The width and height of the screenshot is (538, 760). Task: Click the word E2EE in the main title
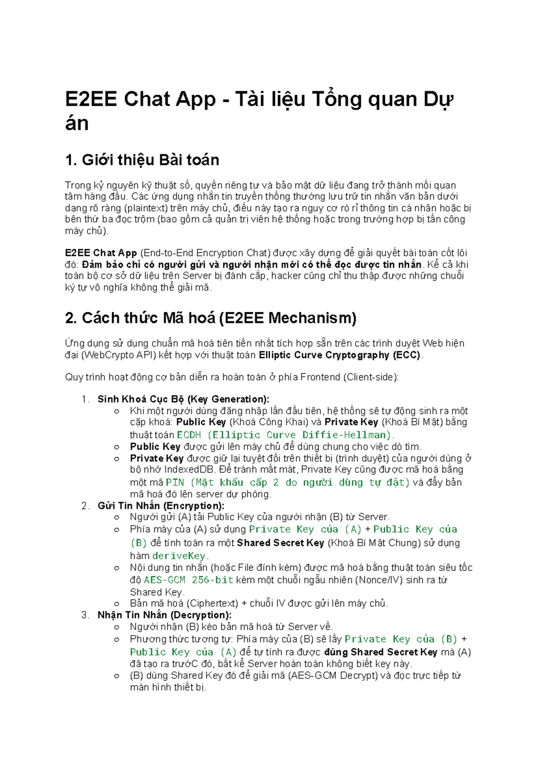tap(91, 99)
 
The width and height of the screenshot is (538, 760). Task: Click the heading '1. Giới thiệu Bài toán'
tap(142, 160)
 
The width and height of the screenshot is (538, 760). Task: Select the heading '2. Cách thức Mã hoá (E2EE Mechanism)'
tap(210, 318)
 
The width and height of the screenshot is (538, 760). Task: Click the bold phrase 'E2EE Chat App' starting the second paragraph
tap(101, 253)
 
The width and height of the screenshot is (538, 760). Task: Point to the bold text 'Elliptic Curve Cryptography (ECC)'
tap(339, 355)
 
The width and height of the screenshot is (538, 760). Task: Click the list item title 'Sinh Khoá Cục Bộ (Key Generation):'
tap(183, 399)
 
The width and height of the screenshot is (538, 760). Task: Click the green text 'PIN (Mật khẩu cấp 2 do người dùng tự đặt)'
tap(288, 483)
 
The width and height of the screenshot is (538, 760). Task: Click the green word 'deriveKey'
tap(179, 556)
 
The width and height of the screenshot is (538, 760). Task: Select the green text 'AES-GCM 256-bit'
tap(189, 580)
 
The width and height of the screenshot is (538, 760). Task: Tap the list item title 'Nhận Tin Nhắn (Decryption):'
tap(165, 615)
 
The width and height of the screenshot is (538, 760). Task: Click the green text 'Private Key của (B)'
tap(401, 639)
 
